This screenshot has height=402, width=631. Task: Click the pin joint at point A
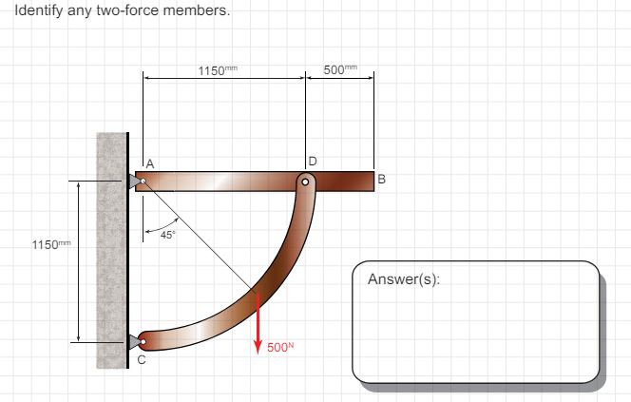(x=142, y=180)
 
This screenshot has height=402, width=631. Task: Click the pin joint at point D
(x=305, y=180)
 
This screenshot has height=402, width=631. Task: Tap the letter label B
(x=381, y=179)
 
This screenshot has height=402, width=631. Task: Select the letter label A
(x=149, y=163)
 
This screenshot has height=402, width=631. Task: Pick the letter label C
(x=142, y=360)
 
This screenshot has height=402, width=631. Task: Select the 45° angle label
(x=166, y=235)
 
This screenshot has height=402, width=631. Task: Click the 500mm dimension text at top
(x=339, y=72)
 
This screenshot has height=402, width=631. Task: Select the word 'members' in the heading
(x=201, y=11)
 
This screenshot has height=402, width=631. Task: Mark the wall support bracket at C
(x=134, y=340)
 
